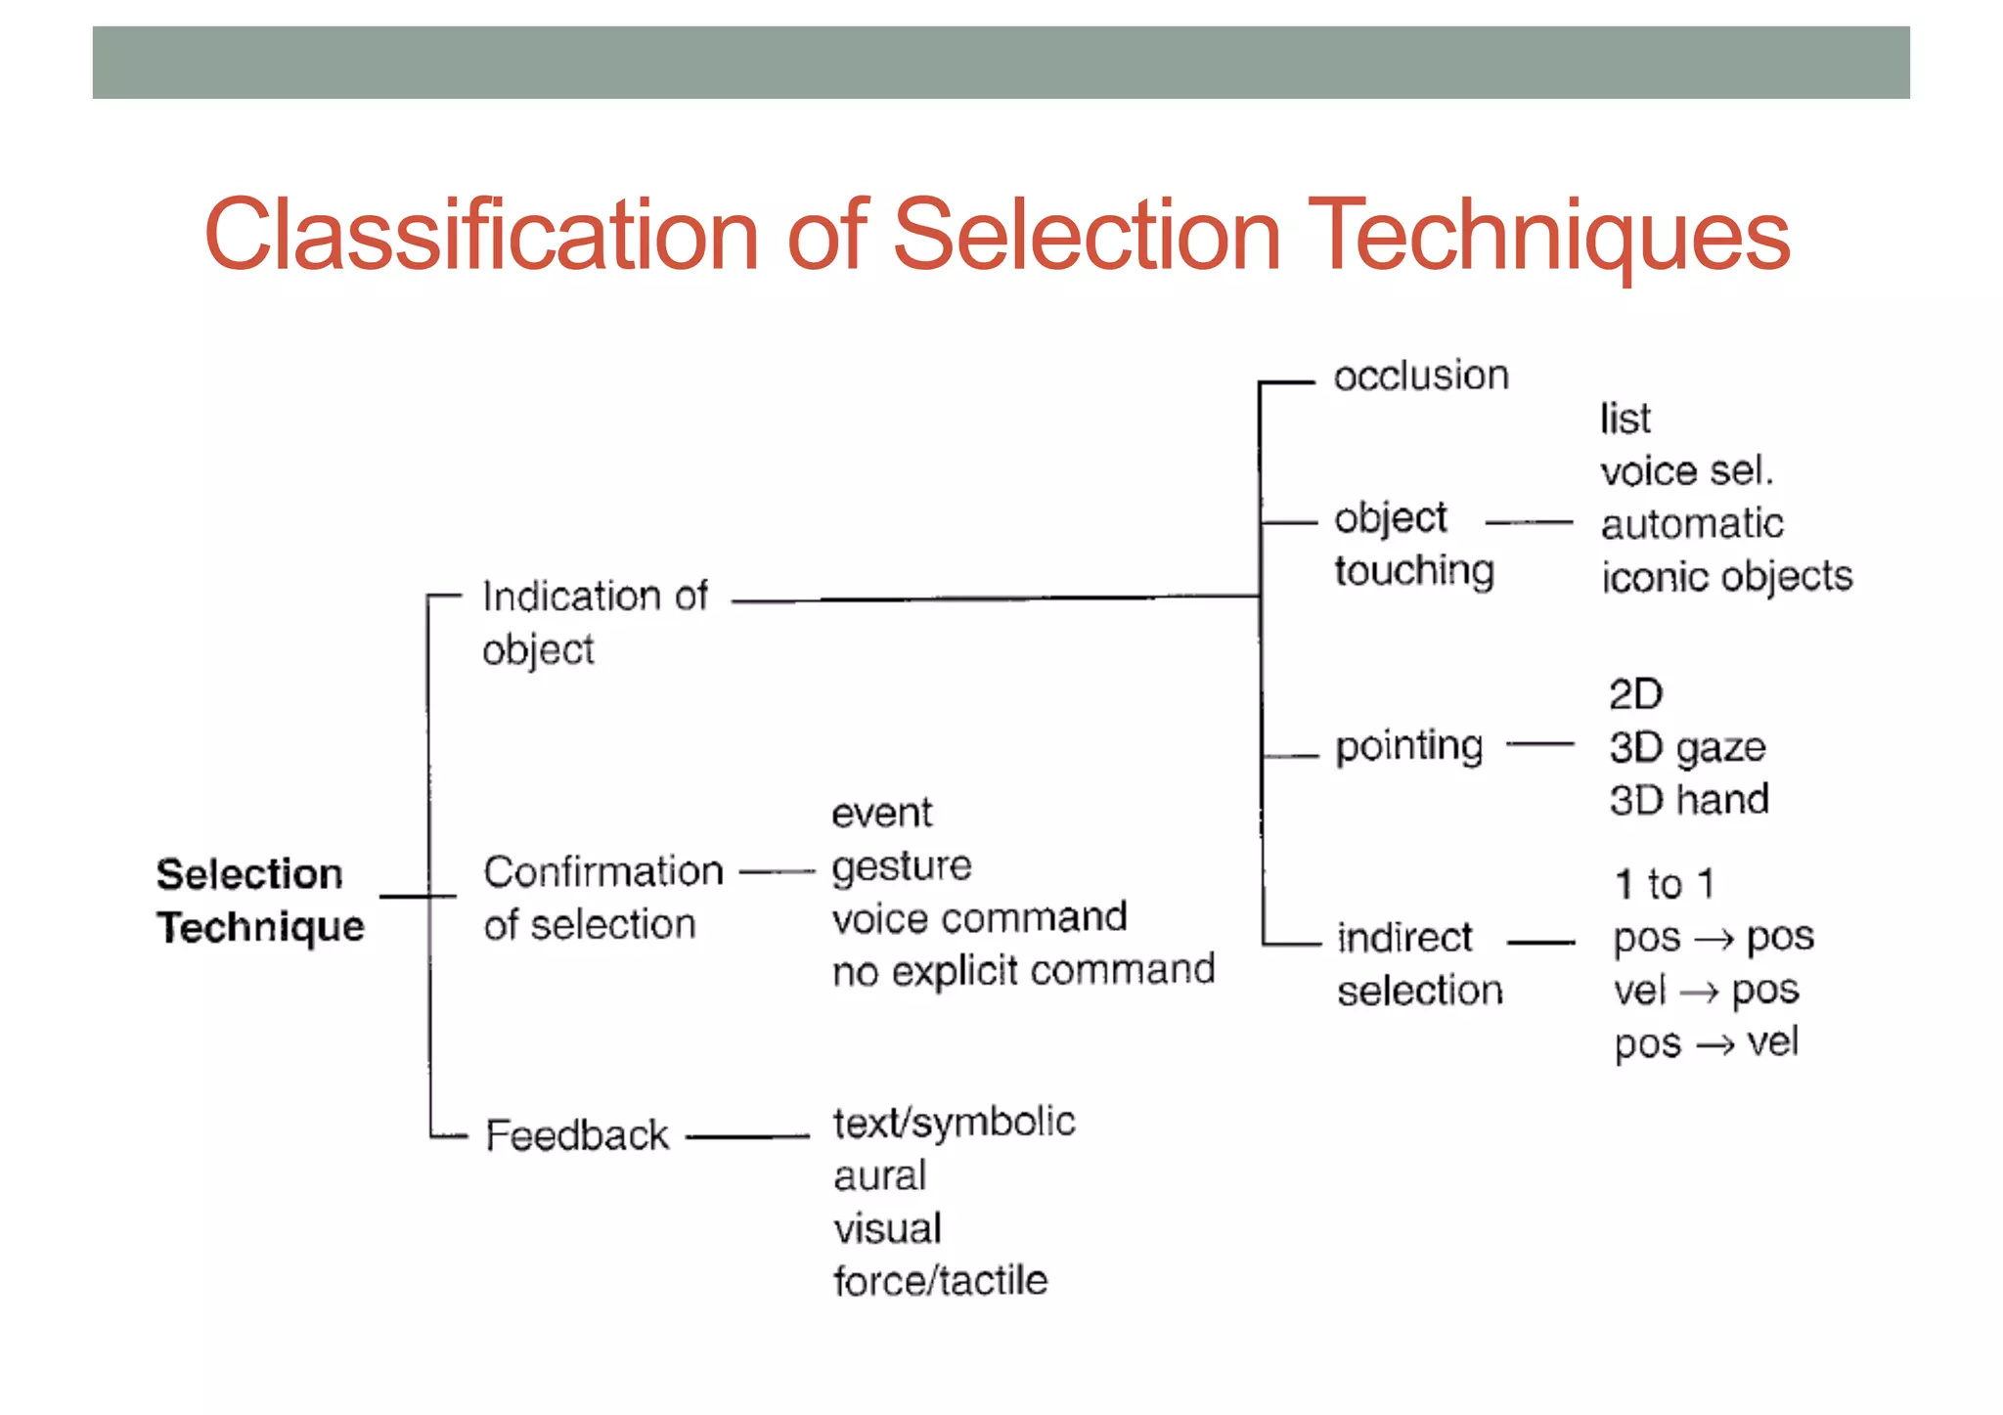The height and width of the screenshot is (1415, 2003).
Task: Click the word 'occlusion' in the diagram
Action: pos(1420,376)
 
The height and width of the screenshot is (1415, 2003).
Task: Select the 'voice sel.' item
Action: pos(1686,471)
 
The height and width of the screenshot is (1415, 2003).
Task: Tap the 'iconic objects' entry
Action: pos(1726,577)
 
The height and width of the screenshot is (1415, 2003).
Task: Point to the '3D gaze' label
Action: pos(1687,748)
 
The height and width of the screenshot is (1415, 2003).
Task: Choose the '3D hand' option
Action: pos(1689,800)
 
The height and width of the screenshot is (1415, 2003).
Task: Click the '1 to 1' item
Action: pos(1664,884)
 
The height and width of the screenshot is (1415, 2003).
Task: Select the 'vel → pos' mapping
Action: pos(1707,991)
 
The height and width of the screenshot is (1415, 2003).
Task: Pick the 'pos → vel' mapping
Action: pos(1707,1043)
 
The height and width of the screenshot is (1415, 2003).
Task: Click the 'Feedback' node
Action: pos(577,1136)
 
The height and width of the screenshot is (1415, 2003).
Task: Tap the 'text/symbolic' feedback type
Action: pos(954,1123)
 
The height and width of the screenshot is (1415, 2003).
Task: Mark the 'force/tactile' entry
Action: pos(940,1281)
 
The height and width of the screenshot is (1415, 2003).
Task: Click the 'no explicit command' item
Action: pos(1023,971)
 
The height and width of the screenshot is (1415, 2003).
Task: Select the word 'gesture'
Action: pos(902,866)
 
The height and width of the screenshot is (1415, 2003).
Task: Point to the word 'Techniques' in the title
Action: pos(1547,236)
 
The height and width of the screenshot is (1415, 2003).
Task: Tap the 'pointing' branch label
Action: pos(1409,747)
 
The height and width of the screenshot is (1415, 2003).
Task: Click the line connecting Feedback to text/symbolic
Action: pos(748,1137)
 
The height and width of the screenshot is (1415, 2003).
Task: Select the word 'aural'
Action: pos(879,1175)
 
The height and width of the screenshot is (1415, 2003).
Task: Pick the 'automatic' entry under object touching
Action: pos(1692,524)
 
